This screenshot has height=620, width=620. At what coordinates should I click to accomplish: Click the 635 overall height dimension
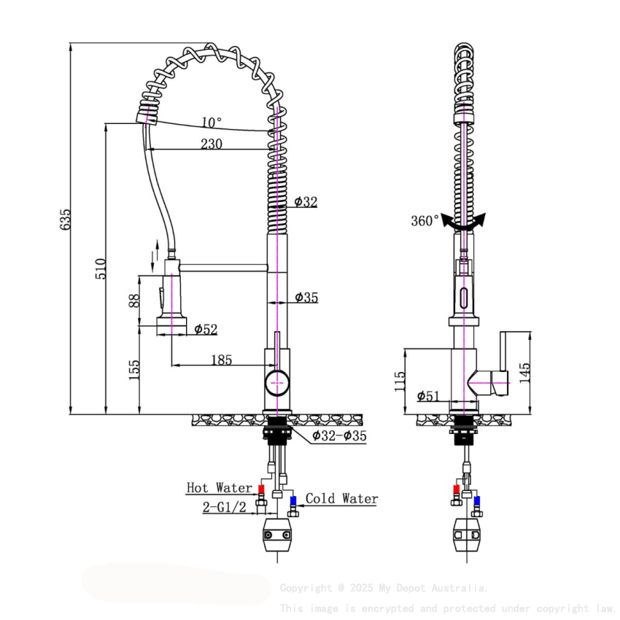point(66,219)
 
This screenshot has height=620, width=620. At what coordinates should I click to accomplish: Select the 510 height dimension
point(101,268)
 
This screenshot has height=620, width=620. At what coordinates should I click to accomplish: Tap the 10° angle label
point(212,122)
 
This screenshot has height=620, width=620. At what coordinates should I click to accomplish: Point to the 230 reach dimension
point(211,144)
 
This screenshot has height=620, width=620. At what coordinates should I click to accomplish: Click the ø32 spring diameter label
point(306,202)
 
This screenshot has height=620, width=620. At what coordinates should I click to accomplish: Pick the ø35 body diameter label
point(306,297)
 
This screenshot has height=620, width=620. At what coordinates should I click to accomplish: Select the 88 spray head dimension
point(134,301)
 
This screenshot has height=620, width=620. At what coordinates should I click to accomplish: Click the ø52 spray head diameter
point(206,330)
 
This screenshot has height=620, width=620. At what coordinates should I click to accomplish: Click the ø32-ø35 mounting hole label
point(339,436)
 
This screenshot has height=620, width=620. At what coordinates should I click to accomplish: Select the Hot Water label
point(219,487)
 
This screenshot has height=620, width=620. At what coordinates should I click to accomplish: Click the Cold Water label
point(341,499)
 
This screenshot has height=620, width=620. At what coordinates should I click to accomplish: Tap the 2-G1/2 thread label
point(224,506)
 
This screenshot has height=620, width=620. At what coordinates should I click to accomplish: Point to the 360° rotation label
point(425,220)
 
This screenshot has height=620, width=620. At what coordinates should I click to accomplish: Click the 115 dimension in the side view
point(399,381)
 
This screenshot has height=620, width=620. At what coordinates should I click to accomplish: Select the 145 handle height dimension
point(525,372)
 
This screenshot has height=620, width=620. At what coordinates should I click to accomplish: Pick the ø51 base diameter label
point(428,396)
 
